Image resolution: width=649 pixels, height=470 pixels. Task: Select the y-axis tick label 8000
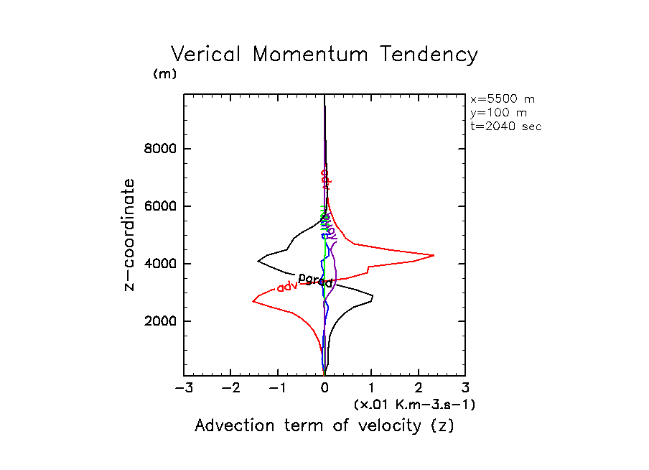[156, 149]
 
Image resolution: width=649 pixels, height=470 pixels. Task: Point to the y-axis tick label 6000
[156, 207]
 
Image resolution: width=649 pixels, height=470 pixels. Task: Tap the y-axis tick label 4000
[156, 264]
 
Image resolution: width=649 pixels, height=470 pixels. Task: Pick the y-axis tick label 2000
[156, 321]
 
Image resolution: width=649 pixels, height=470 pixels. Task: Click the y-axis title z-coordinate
[130, 235]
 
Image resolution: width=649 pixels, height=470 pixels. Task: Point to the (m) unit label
[164, 74]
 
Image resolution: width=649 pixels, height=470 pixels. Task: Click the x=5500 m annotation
[503, 99]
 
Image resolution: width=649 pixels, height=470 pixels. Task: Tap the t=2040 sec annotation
[505, 126]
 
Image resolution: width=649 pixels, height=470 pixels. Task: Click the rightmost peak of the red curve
[434, 255]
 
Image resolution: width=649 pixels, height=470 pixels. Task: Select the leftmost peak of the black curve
[258, 262]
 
